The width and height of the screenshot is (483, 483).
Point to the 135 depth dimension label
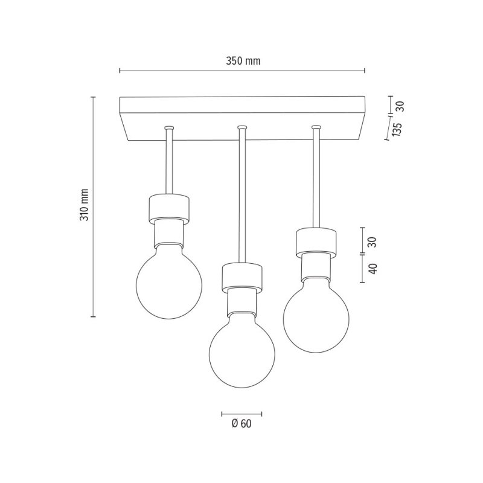click(x=396, y=130)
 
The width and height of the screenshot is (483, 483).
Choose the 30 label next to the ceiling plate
click(x=399, y=106)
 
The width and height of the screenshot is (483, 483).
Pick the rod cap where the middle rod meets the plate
click(x=241, y=128)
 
